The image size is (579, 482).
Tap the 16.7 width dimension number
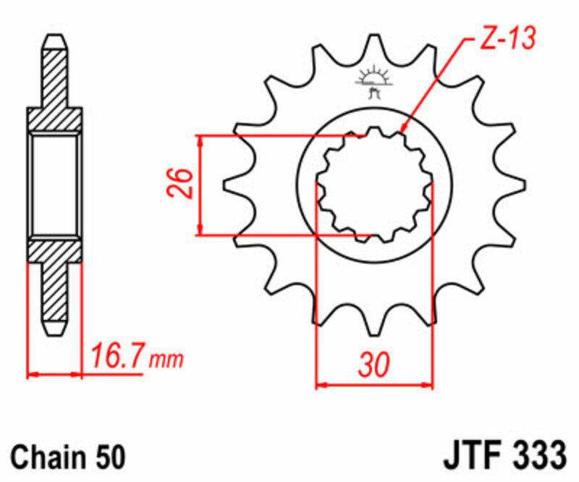click(118, 356)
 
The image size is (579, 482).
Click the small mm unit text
click(167, 359)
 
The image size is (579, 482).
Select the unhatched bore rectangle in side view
click(55, 185)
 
